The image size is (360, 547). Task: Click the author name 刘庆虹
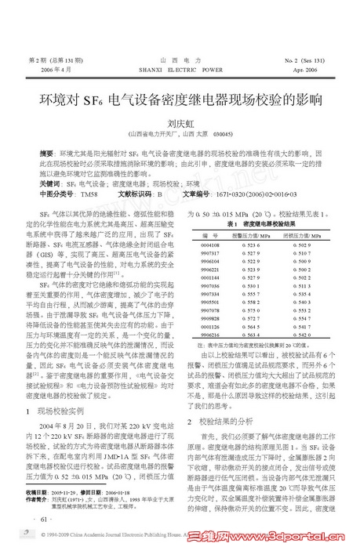click(180, 124)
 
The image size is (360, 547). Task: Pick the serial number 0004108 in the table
click(209, 245)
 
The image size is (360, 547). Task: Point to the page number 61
click(39, 519)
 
